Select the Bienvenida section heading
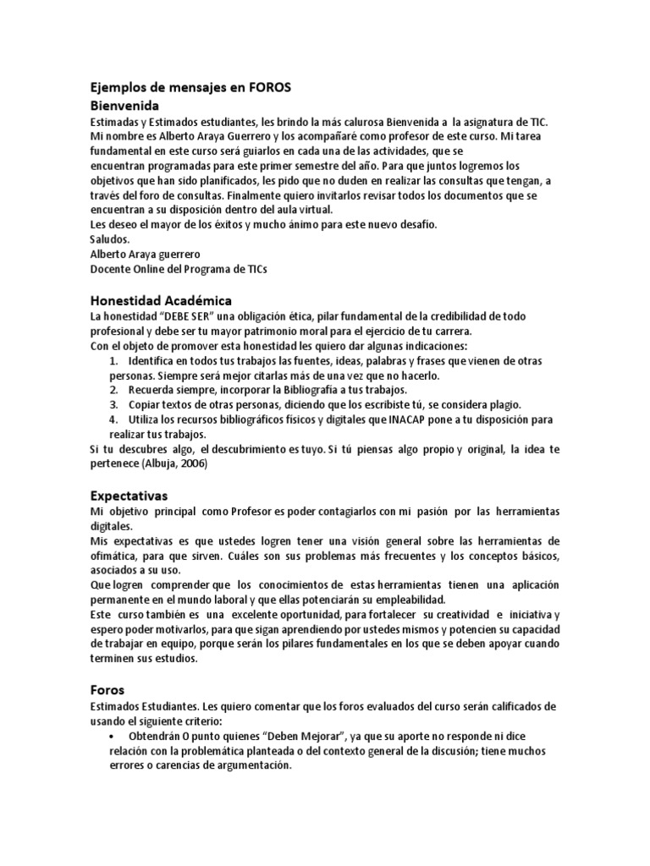[x=124, y=106]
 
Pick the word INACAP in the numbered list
[x=414, y=419]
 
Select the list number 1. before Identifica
[x=113, y=361]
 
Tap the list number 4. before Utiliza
[x=113, y=419]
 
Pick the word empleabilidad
[x=402, y=600]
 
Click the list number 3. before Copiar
[x=113, y=405]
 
